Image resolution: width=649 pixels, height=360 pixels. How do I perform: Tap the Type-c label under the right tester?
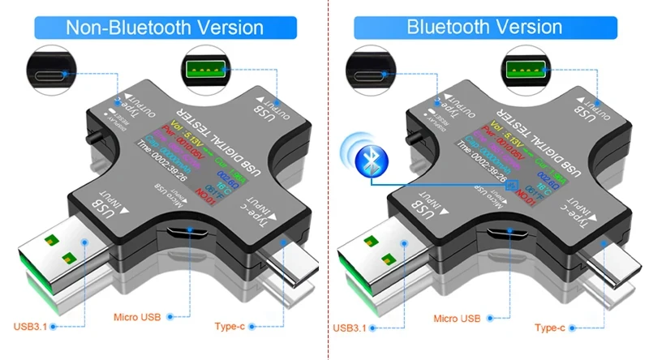[x=550, y=327]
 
